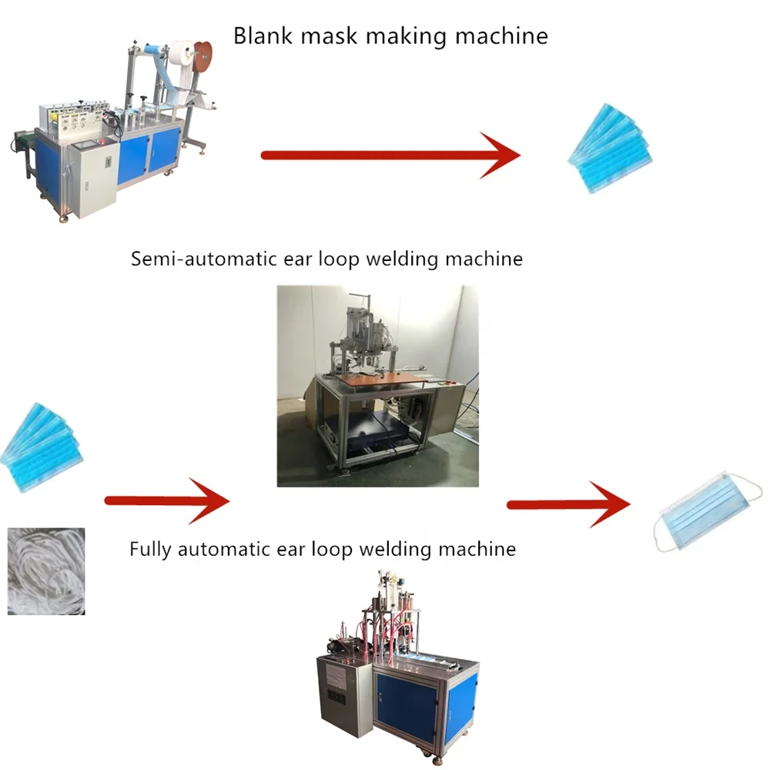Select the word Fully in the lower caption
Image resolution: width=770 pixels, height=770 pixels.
150,549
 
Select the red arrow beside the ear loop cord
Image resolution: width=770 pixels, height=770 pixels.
167,501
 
